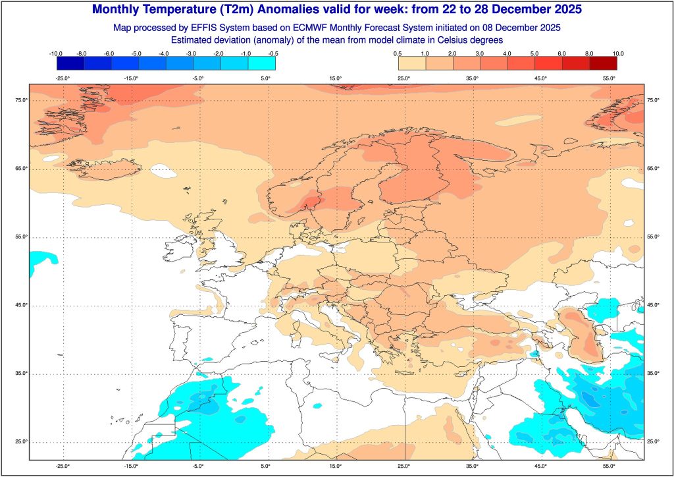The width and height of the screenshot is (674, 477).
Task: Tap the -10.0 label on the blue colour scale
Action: (x=56, y=53)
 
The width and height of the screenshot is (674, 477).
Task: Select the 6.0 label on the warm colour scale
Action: (x=562, y=53)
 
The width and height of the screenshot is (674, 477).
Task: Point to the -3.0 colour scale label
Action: (x=193, y=53)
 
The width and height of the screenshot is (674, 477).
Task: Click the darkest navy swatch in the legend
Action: (x=70, y=63)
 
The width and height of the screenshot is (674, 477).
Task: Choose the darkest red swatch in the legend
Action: (x=604, y=63)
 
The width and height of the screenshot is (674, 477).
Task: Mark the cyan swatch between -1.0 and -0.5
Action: (x=261, y=63)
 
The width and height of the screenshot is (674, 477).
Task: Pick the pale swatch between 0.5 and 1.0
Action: (x=412, y=63)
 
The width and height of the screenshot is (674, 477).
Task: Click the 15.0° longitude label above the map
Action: (x=336, y=78)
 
